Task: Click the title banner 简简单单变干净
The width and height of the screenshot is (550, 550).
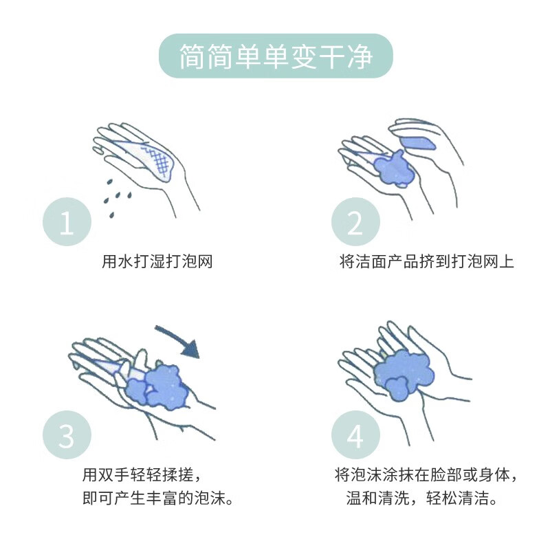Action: tap(275, 56)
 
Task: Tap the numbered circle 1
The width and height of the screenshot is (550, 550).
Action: tap(67, 222)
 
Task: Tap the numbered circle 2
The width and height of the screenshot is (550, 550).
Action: tap(355, 222)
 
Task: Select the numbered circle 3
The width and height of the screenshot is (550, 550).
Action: tap(67, 434)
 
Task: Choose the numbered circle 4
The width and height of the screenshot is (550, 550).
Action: tap(355, 434)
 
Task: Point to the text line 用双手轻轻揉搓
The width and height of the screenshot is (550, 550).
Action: tap(142, 475)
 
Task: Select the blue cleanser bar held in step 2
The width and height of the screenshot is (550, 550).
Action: tap(417, 144)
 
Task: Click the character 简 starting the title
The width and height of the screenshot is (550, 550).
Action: tap(193, 56)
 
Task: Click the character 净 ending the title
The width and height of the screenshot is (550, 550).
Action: tap(357, 56)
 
